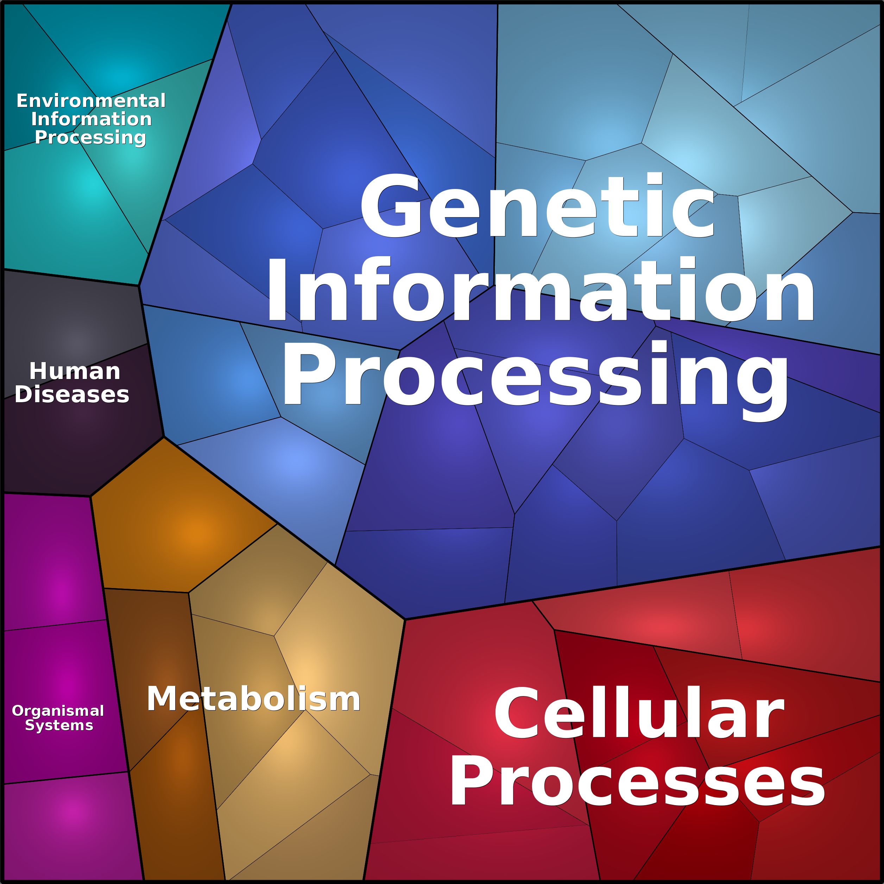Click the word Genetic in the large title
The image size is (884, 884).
(538, 206)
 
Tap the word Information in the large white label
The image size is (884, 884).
(540, 291)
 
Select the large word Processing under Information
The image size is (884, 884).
(535, 375)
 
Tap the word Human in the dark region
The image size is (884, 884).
(75, 371)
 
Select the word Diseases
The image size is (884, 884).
(72, 394)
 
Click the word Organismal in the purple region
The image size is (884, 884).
(58, 711)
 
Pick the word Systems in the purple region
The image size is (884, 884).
(59, 725)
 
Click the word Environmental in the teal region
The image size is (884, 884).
(91, 101)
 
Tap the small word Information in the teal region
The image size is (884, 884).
(91, 119)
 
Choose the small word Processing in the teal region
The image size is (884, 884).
(90, 137)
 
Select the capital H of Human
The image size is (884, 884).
(39, 371)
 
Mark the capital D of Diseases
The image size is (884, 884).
(24, 394)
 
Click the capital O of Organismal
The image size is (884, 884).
(18, 711)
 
